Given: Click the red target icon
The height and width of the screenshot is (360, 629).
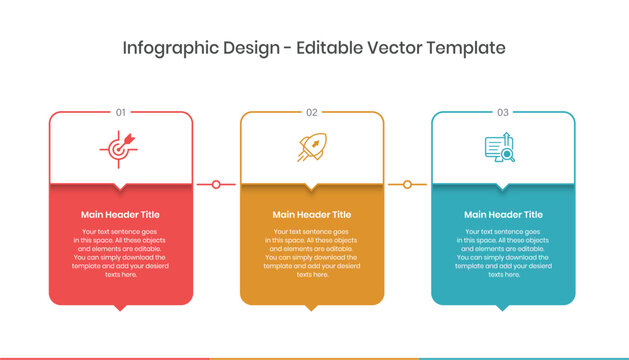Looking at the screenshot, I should (x=120, y=148).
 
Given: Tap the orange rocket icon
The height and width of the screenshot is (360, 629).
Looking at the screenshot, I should (x=311, y=148).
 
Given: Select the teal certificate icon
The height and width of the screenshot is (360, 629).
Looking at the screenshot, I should (x=500, y=148).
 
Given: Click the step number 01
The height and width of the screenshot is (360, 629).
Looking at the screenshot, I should (x=121, y=112).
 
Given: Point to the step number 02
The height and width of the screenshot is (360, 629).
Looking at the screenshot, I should (x=312, y=112).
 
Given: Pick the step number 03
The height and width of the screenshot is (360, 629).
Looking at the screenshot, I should (x=503, y=112).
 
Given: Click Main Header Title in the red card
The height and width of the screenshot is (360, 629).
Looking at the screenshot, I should (x=120, y=214).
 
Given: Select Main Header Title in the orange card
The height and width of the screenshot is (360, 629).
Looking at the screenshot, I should (x=312, y=214).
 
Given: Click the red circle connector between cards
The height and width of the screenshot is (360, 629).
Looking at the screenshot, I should (x=216, y=184).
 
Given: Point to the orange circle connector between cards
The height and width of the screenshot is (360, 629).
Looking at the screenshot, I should (x=407, y=184).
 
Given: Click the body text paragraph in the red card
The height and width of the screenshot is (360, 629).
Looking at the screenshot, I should (x=120, y=253).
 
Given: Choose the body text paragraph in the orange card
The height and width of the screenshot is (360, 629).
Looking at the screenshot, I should (x=312, y=253).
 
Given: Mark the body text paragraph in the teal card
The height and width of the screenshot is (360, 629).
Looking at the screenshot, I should (x=503, y=253).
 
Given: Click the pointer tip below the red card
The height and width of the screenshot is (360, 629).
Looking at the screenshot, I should (x=121, y=307).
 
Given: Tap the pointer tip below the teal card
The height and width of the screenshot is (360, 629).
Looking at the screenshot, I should (x=503, y=307).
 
